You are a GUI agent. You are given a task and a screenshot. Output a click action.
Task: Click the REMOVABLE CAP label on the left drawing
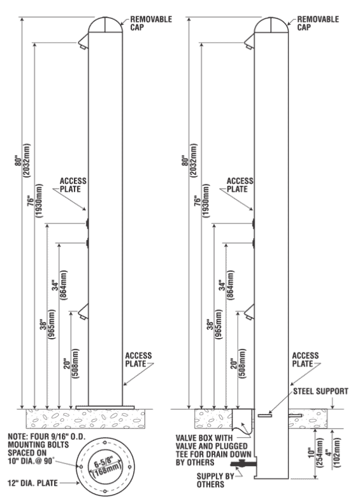point(151,23)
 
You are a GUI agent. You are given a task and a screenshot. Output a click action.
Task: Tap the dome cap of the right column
point(271,25)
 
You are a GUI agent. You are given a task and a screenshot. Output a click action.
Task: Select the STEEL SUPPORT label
point(320,392)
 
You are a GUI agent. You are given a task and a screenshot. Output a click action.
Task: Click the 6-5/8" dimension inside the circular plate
point(104,464)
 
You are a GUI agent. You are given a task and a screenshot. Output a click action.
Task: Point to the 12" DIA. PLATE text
point(32,483)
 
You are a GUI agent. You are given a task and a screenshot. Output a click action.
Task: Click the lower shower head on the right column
point(249,312)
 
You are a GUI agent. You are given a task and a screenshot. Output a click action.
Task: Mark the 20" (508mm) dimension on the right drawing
point(238,364)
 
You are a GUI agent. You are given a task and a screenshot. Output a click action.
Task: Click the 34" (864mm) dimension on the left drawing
point(60,285)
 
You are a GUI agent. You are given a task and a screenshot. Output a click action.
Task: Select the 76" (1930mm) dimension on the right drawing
point(201,201)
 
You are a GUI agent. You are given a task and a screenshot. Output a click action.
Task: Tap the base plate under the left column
point(105,407)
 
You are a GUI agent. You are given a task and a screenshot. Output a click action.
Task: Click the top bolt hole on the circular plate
point(105,443)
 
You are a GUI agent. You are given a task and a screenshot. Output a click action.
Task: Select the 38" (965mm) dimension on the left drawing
point(47,324)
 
